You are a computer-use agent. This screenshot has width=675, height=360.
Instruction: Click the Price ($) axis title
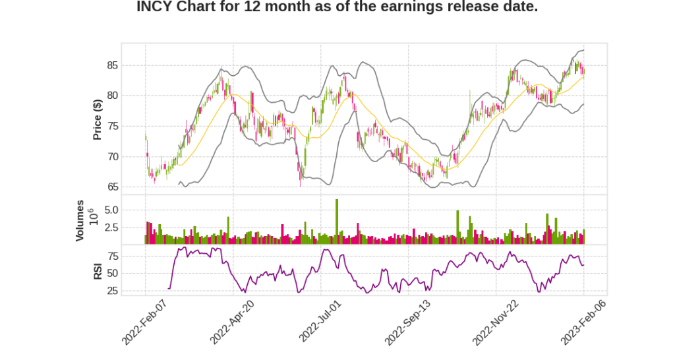98,119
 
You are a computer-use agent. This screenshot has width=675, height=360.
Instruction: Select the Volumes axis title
81,220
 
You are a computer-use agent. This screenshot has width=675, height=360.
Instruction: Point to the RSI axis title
98,271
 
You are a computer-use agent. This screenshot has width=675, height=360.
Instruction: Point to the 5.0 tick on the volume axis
111,210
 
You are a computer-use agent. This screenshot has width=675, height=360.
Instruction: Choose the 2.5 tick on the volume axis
111,227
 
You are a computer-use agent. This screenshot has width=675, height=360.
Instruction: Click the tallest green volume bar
336,222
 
